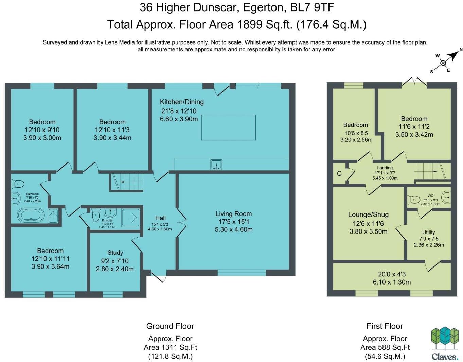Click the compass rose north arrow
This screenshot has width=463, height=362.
pyautogui.click(x=454, y=55)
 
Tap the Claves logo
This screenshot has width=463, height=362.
pyautogui.click(x=445, y=344)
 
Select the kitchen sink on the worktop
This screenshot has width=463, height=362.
pyautogui.click(x=216, y=165)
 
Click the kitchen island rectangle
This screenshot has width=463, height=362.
pyautogui.click(x=228, y=127)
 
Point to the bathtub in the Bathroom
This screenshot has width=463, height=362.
pyautogui.click(x=31, y=215)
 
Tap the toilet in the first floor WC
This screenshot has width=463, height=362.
pyautogui.click(x=414, y=200)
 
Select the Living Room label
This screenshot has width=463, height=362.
pyautogui.click(x=233, y=214)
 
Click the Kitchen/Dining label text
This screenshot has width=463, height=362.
pyautogui.click(x=182, y=102)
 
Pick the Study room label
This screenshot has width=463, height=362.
pyautogui.click(x=115, y=253)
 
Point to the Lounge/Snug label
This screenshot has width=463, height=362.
pyautogui.click(x=368, y=214)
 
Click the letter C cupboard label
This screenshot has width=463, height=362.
pyautogui.click(x=339, y=174)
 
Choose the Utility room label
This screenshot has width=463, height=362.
pyautogui.click(x=428, y=232)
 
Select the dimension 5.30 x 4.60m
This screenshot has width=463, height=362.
pyautogui.click(x=233, y=230)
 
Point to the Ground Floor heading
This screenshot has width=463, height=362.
pyautogui.click(x=170, y=326)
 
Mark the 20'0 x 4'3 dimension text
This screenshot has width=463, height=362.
pyautogui.click(x=392, y=274)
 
